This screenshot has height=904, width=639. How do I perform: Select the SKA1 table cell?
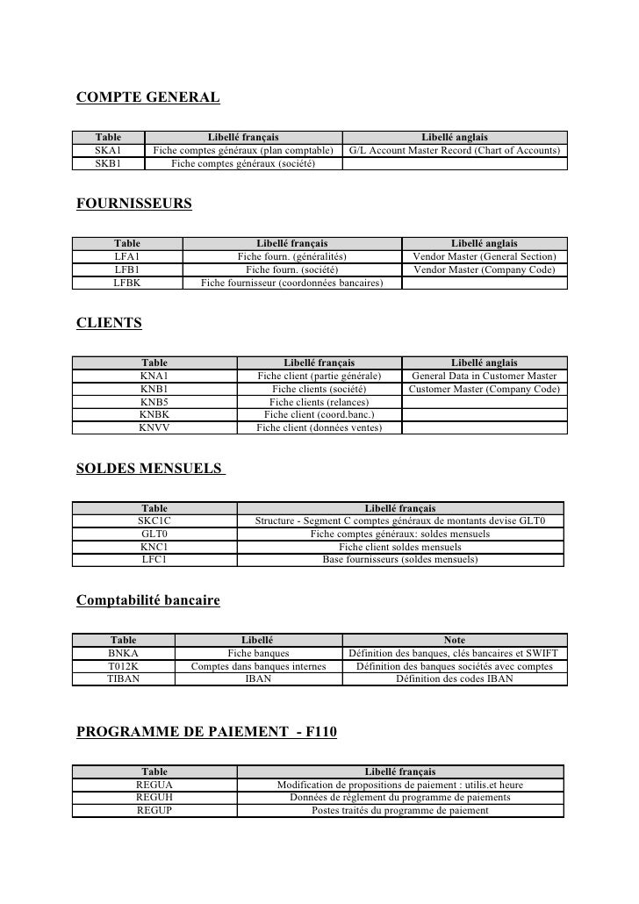tap(108, 151)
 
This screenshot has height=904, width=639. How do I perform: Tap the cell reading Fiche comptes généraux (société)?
tap(243, 163)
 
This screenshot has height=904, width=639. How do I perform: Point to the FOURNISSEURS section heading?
tap(134, 204)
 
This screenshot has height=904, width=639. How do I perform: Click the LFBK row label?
tap(126, 283)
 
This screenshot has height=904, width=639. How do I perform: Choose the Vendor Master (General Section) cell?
tap(484, 256)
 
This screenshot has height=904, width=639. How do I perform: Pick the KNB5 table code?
tap(154, 402)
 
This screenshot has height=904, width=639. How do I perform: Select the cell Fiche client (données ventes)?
tap(319, 427)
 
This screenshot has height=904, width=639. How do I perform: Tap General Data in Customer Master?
tap(484, 376)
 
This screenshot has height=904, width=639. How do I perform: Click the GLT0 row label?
tap(154, 534)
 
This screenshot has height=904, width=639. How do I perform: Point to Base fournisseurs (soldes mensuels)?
tap(400, 559)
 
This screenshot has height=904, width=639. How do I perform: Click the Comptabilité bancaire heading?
tap(148, 601)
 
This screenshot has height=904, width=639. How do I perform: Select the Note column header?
tap(455, 641)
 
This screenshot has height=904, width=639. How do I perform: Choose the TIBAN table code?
tap(123, 679)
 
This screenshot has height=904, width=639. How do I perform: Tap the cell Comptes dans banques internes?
tap(258, 666)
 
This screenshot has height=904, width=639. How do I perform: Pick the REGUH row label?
tap(154, 798)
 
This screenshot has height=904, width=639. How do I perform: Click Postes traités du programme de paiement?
tap(400, 811)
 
